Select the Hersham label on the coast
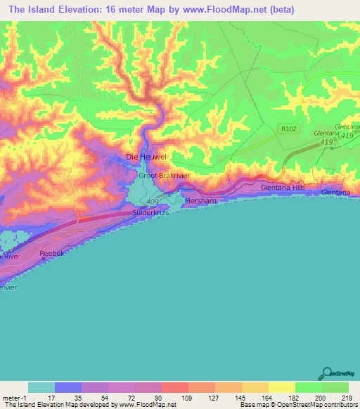(198, 200)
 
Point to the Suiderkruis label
(150, 212)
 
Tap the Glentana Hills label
(283, 188)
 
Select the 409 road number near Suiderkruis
(153, 202)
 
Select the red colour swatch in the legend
(175, 387)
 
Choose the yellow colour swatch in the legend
(282, 387)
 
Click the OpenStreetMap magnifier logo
(327, 373)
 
